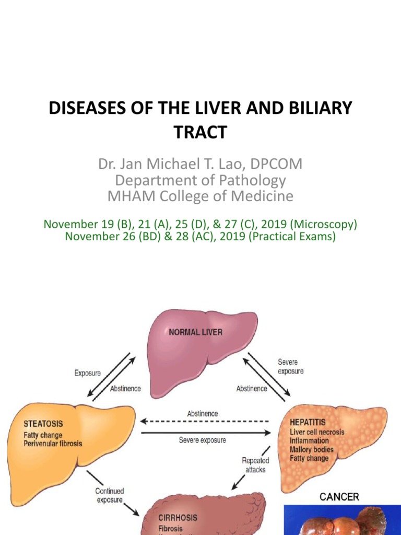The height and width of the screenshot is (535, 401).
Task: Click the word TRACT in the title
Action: (x=200, y=132)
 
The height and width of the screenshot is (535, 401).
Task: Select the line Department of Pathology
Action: (x=200, y=180)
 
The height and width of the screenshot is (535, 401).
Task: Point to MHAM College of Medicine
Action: (x=200, y=196)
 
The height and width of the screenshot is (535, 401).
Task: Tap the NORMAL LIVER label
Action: (x=195, y=332)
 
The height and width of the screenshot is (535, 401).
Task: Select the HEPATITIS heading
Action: (x=308, y=422)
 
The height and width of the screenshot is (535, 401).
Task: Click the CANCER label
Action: (x=339, y=496)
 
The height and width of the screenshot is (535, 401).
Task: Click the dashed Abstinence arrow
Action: (x=204, y=421)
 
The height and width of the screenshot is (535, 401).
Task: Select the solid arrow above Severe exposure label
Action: (x=206, y=433)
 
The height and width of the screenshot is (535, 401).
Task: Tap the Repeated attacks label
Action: (x=255, y=465)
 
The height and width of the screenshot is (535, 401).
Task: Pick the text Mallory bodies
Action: (x=312, y=449)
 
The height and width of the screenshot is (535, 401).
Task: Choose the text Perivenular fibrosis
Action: (x=53, y=444)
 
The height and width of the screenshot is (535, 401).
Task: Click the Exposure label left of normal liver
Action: (x=88, y=374)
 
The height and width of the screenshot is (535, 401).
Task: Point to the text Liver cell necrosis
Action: (x=317, y=432)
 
